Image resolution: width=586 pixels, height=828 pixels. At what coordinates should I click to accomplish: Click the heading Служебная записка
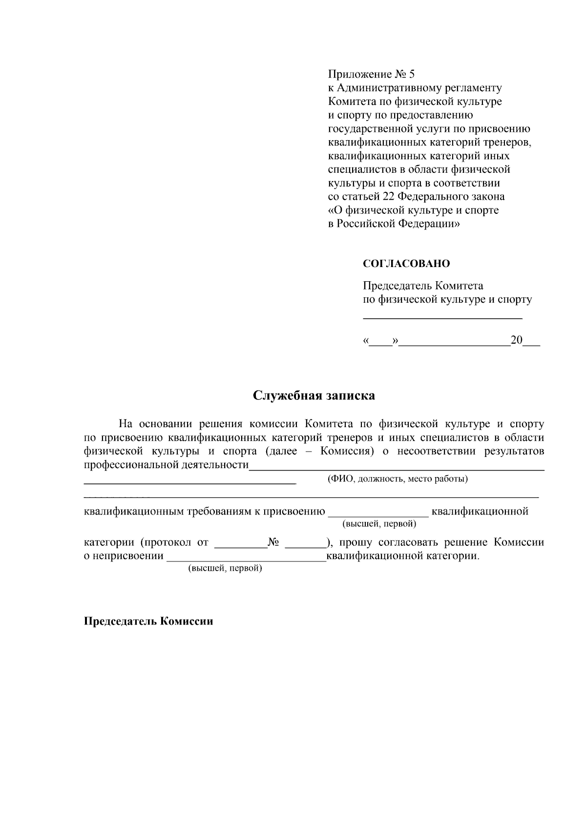tap(314, 395)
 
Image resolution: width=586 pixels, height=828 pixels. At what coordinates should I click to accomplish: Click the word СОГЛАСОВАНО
tap(406, 264)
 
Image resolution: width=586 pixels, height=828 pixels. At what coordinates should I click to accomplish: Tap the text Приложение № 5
tap(371, 74)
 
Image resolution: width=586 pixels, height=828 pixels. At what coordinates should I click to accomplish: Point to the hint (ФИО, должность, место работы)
tap(397, 478)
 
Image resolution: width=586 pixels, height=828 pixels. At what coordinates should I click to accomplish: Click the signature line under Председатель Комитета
tap(442, 318)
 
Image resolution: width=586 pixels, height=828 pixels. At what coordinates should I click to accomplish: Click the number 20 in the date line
tap(516, 340)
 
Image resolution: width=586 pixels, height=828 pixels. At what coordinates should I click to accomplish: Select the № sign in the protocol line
tap(273, 542)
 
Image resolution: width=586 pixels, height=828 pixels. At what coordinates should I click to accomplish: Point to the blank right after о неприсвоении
tap(246, 559)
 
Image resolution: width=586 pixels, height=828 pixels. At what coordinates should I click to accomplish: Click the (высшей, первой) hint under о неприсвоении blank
tap(225, 569)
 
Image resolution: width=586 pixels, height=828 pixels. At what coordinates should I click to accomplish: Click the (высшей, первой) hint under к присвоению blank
tap(379, 524)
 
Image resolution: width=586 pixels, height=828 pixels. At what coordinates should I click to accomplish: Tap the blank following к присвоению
tap(379, 515)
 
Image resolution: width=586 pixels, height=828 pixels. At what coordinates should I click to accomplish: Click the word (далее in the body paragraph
tap(281, 451)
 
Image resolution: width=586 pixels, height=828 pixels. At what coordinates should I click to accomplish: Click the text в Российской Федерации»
tap(393, 224)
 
